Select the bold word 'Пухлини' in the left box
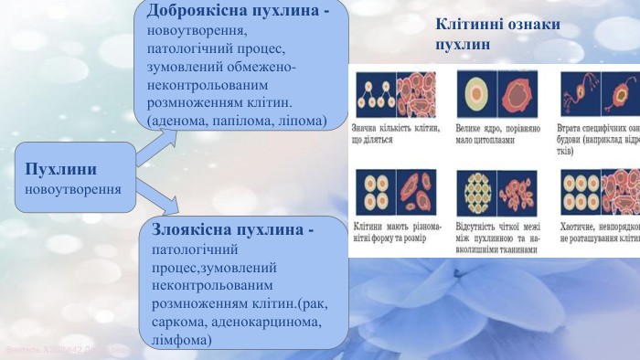tap(61, 170)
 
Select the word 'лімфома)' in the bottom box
tap(179, 339)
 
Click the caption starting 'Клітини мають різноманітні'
tap(397, 232)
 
